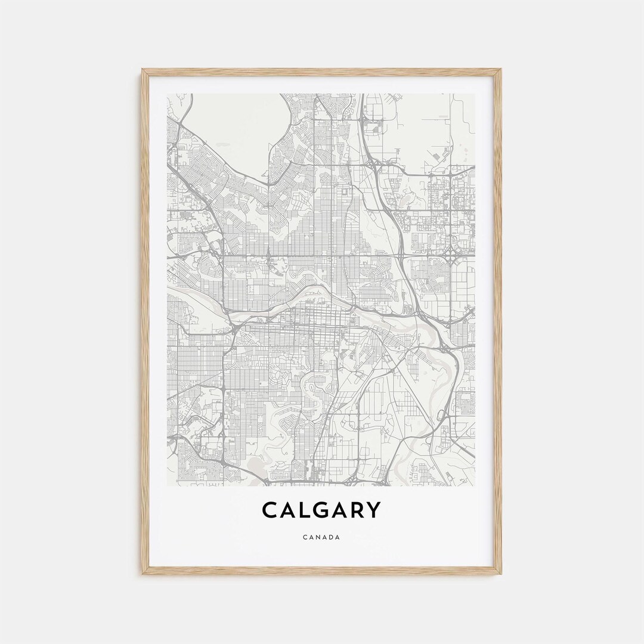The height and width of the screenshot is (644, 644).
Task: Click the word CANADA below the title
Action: click(x=321, y=537)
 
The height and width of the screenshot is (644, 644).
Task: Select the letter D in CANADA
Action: click(x=331, y=537)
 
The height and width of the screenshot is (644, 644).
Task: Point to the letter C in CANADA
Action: click(x=305, y=537)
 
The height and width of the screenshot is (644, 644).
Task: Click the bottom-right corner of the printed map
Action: click(x=475, y=485)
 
